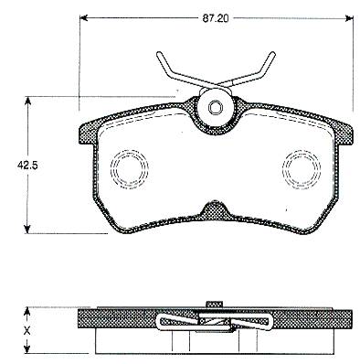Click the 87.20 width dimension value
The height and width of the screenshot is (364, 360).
216,18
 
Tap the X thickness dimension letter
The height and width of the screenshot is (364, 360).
27,329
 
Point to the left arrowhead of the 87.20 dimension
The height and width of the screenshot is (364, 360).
83,18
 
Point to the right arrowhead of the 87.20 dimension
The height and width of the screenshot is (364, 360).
349,18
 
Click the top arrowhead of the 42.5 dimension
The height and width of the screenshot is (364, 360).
27,101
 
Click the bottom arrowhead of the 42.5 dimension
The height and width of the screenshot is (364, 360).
27,230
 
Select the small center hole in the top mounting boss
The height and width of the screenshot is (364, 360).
216,107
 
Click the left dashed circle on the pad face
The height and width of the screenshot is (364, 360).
130,168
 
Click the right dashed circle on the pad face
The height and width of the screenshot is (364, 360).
302,168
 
